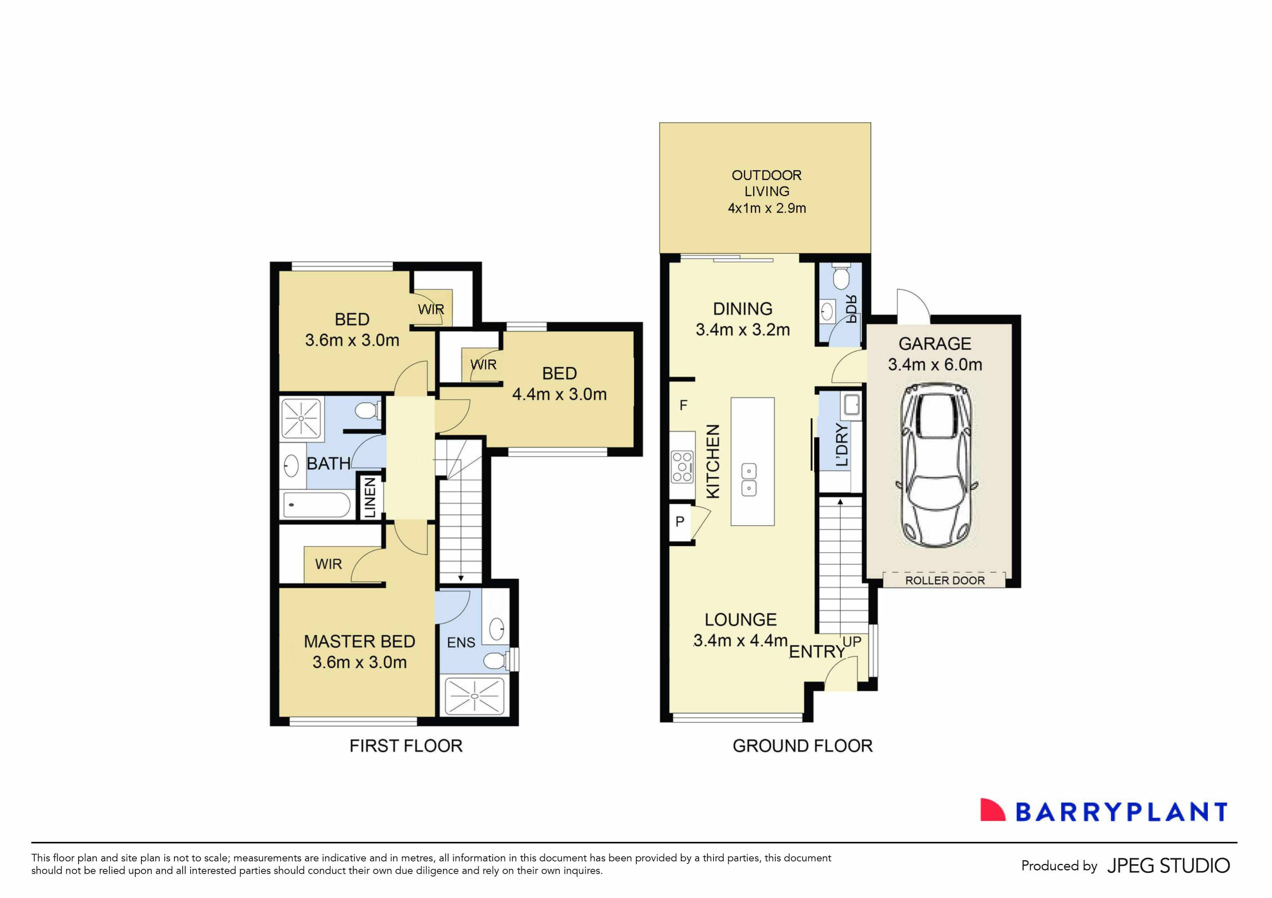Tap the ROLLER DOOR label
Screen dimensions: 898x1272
point(945,581)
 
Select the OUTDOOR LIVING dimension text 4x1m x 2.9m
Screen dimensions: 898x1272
point(767,208)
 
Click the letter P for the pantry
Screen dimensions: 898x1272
point(680,521)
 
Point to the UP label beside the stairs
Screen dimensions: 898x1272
point(851,641)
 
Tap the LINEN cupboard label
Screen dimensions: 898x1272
point(370,497)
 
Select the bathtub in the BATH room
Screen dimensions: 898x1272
point(317,505)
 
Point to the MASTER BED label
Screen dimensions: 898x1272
point(360,641)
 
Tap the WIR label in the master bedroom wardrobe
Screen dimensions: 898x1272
point(328,564)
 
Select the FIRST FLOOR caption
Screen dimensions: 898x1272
point(406,746)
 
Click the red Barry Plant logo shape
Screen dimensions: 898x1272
point(992,810)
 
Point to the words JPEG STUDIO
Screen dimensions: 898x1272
point(1168,865)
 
